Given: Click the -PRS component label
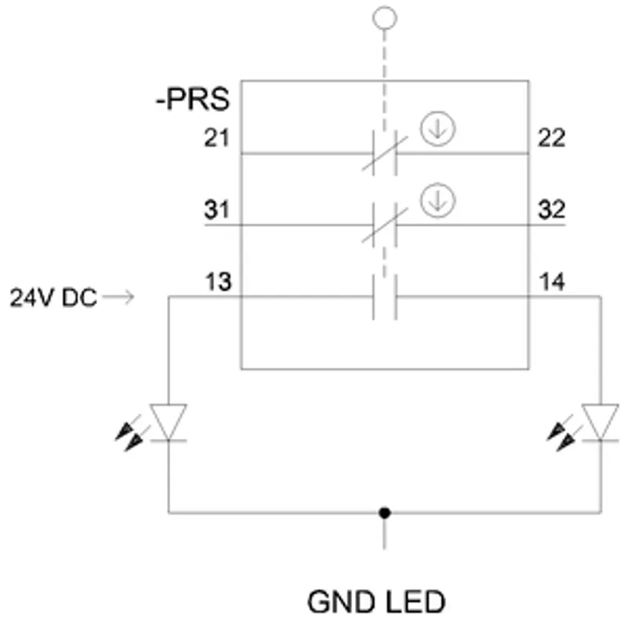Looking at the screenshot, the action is [x=193, y=99].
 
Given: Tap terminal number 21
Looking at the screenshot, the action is [x=217, y=138].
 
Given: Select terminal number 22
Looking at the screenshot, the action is [x=552, y=138].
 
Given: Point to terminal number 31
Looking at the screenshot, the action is [x=217, y=209].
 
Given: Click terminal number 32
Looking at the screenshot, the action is [x=552, y=209].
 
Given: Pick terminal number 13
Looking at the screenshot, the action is [x=219, y=281].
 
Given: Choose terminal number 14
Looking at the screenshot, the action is [x=552, y=281].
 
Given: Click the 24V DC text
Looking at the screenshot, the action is [x=53, y=298].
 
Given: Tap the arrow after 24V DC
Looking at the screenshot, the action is [x=118, y=297].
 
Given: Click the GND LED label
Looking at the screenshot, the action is [x=376, y=601].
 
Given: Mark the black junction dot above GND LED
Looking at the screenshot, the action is [x=384, y=513].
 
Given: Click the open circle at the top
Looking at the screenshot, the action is [x=385, y=18].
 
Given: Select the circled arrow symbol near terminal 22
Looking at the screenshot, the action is [x=437, y=129].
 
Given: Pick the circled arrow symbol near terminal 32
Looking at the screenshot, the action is [x=437, y=201].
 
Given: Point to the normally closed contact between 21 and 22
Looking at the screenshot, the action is [x=385, y=153].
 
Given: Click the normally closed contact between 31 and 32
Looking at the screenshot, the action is [x=385, y=225].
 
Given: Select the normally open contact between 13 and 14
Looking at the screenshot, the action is [x=385, y=297].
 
